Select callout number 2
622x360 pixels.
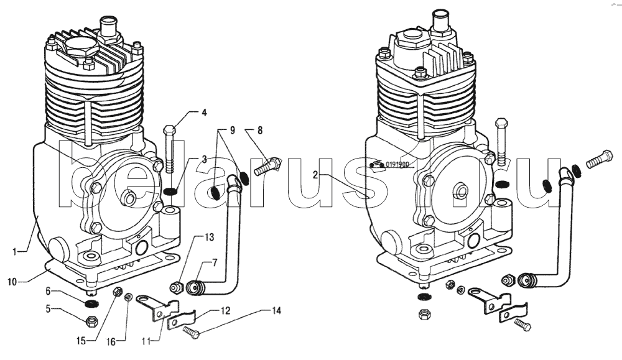pos(316,175)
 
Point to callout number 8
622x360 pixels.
pos(260,131)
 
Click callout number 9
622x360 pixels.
pos(232,131)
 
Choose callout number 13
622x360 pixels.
pos(210,238)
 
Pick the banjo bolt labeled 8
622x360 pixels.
pos(268,166)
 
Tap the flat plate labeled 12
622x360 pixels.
pos(183,318)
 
